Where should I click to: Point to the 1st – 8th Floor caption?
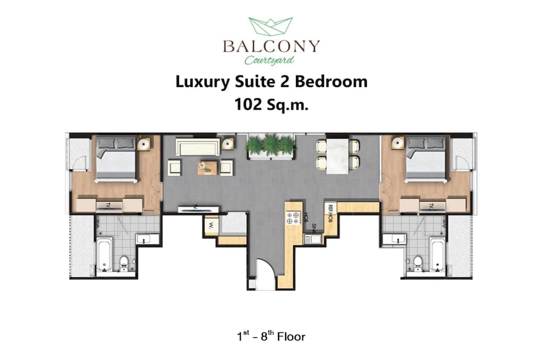coord(270,337)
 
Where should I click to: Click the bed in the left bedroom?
coord(116,159)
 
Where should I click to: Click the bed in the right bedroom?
coord(426,159)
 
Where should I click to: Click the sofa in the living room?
coord(197,147)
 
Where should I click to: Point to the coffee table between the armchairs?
coord(207,168)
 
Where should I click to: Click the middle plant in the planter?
coord(270,144)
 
